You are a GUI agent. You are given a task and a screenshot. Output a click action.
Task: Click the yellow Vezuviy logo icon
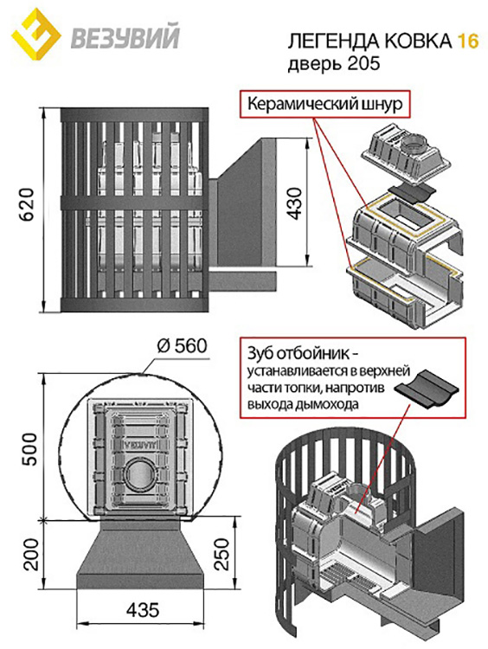point(35,35)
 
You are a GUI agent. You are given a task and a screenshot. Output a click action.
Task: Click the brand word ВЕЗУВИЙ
point(125,37)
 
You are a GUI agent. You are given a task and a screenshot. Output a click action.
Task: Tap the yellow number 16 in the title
point(467,42)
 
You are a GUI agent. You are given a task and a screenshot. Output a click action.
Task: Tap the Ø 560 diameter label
point(182,345)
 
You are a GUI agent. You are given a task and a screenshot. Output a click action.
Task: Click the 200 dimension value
point(31,554)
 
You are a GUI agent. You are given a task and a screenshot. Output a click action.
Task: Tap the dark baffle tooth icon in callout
point(427,390)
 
